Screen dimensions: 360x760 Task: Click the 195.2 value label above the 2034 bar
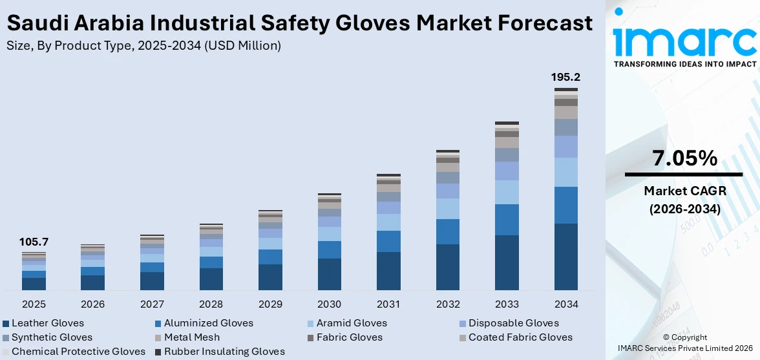[x=565, y=77]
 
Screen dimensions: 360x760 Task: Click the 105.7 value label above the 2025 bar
[x=34, y=242]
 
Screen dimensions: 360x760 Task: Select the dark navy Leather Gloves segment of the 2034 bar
[x=565, y=257]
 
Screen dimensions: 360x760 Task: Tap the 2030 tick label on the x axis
[x=330, y=304]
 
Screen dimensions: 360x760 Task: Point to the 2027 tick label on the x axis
[x=152, y=304]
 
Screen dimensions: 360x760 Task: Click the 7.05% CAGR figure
[x=684, y=158]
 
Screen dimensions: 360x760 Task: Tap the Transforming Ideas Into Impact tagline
[x=684, y=64]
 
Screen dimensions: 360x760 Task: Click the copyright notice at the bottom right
[x=684, y=342]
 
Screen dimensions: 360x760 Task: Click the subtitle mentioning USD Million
[x=143, y=45]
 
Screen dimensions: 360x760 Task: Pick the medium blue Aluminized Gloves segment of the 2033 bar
[x=507, y=220]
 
